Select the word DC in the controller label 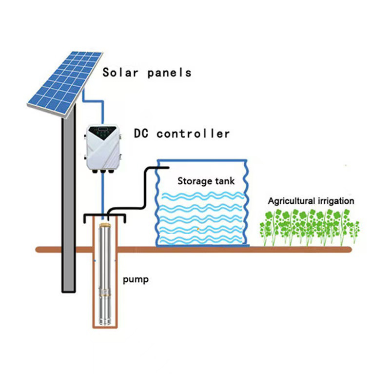tap(142, 133)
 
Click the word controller tap(194, 133)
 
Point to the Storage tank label tap(206, 181)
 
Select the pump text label tap(136, 280)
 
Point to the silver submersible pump tap(105, 278)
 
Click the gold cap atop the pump tap(105, 225)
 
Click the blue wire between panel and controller tap(93, 100)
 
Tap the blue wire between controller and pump tap(103, 195)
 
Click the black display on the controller tap(104, 131)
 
